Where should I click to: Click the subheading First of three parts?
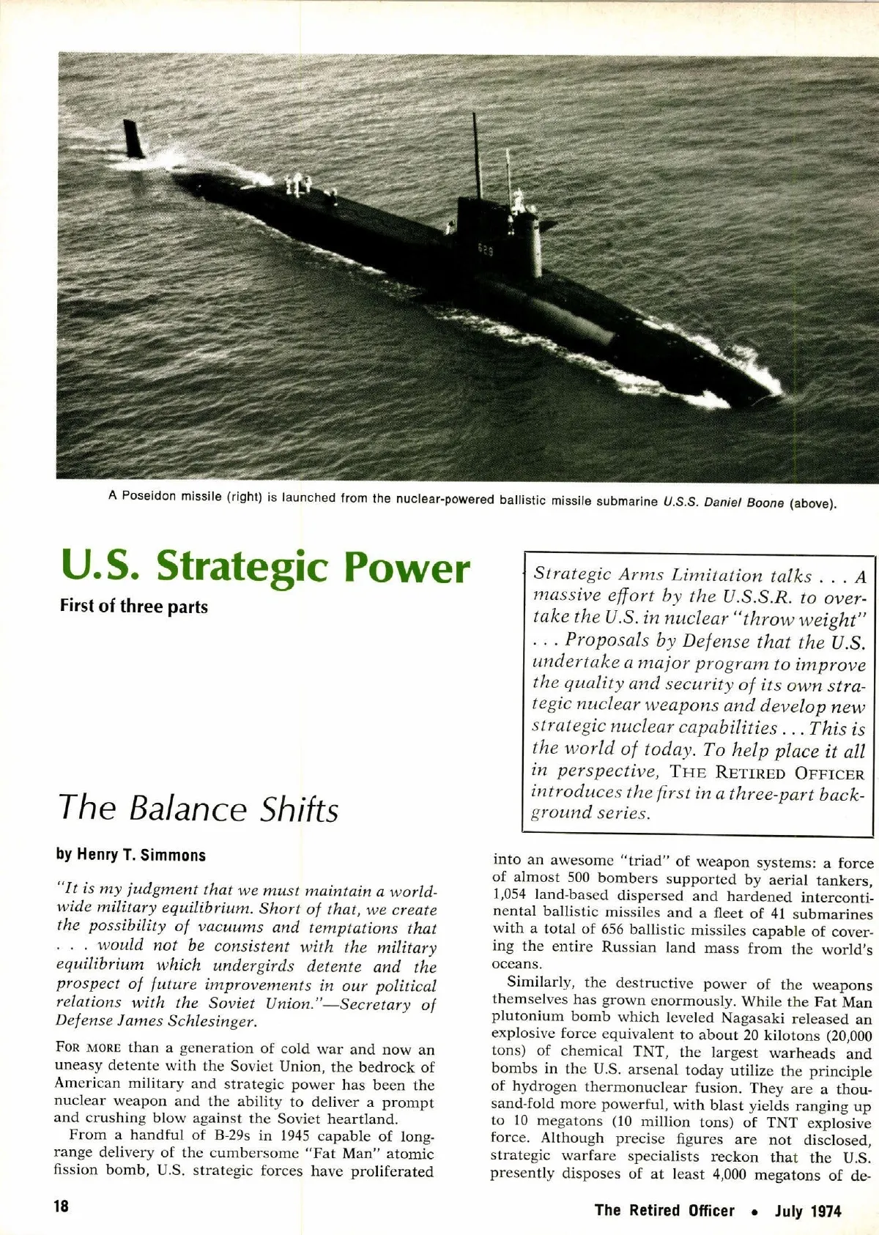coord(134,607)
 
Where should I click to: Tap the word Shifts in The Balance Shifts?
coord(300,809)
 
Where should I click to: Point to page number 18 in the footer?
coord(61,1206)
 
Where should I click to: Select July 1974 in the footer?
coord(808,1211)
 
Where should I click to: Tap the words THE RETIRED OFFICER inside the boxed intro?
coord(767,773)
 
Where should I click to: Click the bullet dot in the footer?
coord(755,1212)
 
